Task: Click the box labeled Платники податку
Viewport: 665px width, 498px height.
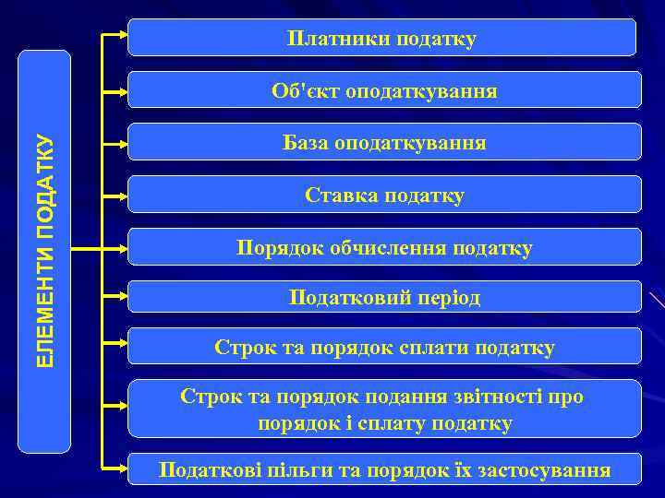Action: tap(381, 38)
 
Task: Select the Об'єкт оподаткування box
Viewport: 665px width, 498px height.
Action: tap(384, 90)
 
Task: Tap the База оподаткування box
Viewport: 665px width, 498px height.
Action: tap(384, 143)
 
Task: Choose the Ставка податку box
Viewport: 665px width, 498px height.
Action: tap(384, 196)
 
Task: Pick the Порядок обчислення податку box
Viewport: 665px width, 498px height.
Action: tap(384, 247)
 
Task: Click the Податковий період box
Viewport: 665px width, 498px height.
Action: tap(384, 297)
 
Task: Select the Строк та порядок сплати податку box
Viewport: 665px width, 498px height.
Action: tap(384, 347)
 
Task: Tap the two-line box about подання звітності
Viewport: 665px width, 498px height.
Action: tap(384, 409)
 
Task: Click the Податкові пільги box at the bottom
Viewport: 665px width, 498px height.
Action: tap(384, 469)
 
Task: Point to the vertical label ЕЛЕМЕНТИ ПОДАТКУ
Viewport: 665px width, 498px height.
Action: tap(45, 250)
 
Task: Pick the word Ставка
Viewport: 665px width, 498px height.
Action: tap(338, 196)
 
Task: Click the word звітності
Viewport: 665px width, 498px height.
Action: tap(507, 396)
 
